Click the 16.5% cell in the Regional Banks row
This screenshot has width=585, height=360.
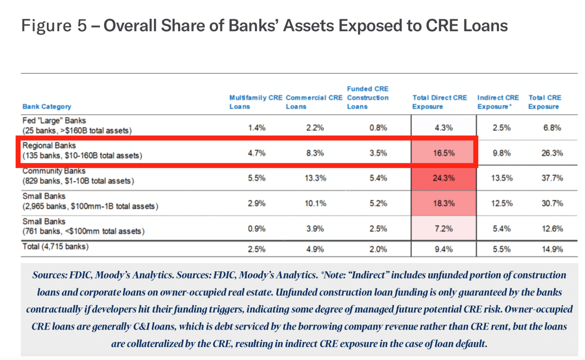coord(444,153)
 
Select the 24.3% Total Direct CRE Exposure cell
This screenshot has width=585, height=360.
coord(444,178)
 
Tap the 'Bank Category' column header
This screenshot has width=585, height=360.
coord(47,107)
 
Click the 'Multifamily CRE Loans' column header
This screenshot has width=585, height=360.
coord(256,102)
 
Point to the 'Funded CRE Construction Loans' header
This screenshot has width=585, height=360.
coord(368,98)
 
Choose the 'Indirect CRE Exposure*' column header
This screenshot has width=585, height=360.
coord(498,102)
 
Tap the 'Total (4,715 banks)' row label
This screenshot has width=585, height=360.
coord(56,247)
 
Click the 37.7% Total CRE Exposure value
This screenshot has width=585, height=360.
coord(552,178)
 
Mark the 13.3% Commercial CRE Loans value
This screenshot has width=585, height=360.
coord(315,178)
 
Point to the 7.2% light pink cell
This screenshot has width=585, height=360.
coord(444,229)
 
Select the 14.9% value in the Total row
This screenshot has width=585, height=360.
coord(552,249)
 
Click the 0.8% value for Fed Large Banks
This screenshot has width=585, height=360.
coord(378,128)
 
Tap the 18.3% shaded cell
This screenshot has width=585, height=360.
coord(444,204)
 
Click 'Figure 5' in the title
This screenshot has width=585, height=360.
coord(54,26)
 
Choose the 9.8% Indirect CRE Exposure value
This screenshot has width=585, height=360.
coord(502,153)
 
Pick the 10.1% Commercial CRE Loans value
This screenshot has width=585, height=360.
coord(315,204)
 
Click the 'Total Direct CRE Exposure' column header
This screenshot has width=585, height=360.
coord(440,102)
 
